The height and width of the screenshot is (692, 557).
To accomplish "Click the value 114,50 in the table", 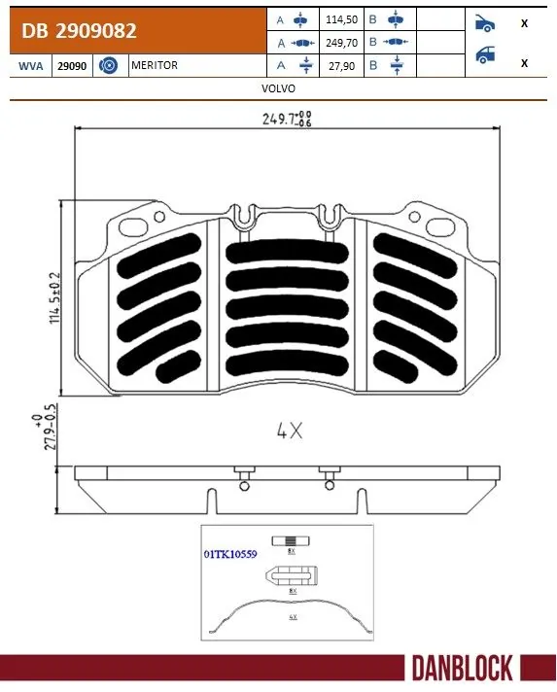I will pos(342,18).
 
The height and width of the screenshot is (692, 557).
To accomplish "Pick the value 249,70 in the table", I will pos(342,43).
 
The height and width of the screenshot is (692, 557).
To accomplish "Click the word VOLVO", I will pos(278,87).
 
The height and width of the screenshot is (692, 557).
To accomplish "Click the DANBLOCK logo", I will pos(461,669).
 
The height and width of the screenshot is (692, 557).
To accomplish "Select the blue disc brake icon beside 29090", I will pos(109,65).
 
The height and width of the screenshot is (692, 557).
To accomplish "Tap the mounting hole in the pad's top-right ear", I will pos(434,225).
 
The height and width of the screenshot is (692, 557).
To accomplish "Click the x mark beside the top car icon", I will pos(525,23).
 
